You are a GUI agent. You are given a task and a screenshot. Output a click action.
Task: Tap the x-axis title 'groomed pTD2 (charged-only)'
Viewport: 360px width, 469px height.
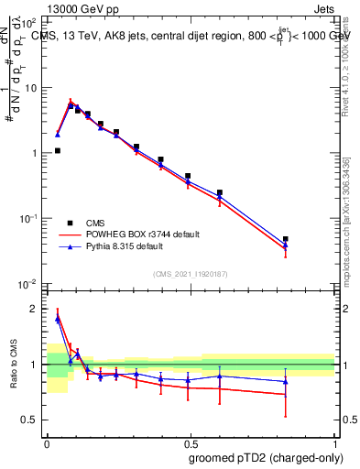point(266,457)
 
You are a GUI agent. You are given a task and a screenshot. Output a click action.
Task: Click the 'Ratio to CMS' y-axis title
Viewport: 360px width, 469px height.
point(14,364)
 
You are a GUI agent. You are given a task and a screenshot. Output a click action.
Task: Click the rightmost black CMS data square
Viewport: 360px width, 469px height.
point(286,239)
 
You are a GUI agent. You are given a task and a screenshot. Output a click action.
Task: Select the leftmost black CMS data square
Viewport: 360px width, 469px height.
point(58,150)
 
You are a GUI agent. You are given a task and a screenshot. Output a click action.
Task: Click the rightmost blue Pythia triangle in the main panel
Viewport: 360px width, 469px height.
point(286,245)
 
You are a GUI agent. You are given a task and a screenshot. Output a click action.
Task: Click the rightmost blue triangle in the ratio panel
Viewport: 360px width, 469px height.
point(286,381)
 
